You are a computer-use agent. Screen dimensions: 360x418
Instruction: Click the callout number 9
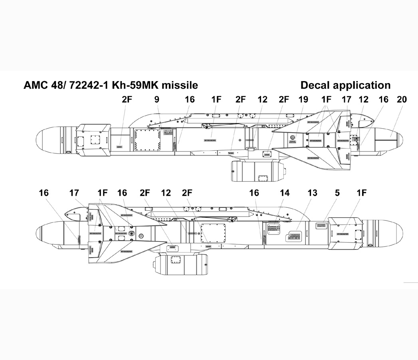point(157,99)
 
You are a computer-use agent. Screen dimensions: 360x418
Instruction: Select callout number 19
point(303,99)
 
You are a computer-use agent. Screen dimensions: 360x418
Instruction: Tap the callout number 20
point(402,99)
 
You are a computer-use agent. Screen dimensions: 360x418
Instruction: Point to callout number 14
point(284,193)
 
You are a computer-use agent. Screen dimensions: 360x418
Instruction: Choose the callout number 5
point(337,193)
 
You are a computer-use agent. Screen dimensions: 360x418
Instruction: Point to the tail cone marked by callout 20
point(389,139)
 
